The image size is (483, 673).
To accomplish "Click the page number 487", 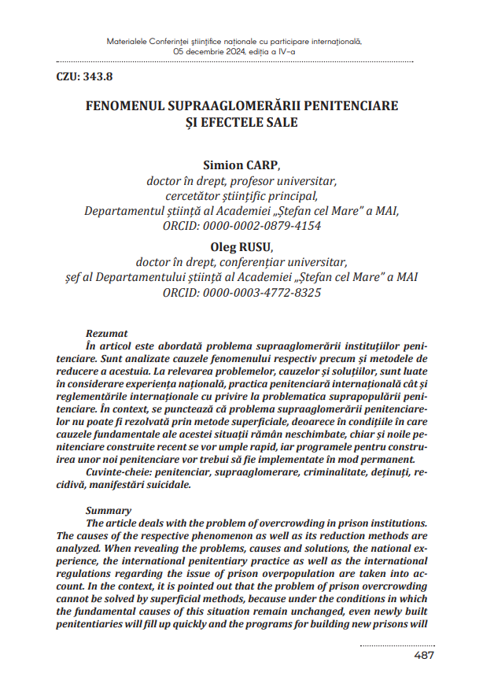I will tap(425, 655).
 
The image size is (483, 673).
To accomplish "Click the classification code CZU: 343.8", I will tap(84, 76).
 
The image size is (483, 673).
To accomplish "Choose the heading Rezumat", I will tap(107, 334).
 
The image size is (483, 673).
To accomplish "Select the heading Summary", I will tap(109, 511).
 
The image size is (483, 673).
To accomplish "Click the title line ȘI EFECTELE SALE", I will tap(241, 122).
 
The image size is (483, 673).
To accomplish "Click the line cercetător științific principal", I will tap(241, 196).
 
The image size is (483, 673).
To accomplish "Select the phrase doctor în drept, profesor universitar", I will tap(241, 181).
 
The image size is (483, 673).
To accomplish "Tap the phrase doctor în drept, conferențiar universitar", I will tap(241, 263).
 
